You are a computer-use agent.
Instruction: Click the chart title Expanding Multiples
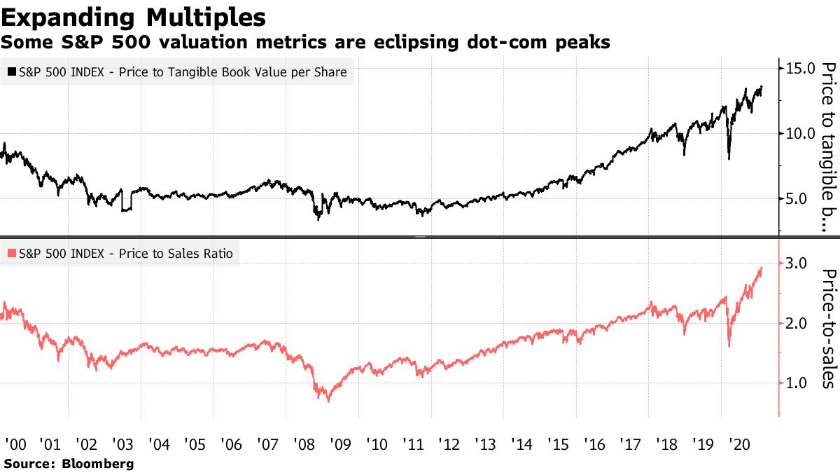(133, 16)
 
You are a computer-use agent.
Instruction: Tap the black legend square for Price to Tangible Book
(12, 71)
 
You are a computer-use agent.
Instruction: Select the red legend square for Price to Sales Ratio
(12, 253)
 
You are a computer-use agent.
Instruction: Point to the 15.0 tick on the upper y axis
(800, 69)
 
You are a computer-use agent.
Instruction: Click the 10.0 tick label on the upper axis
(800, 133)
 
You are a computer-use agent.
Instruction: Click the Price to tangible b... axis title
(828, 147)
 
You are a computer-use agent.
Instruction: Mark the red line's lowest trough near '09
(328, 401)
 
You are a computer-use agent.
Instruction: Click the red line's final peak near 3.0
(761, 268)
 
